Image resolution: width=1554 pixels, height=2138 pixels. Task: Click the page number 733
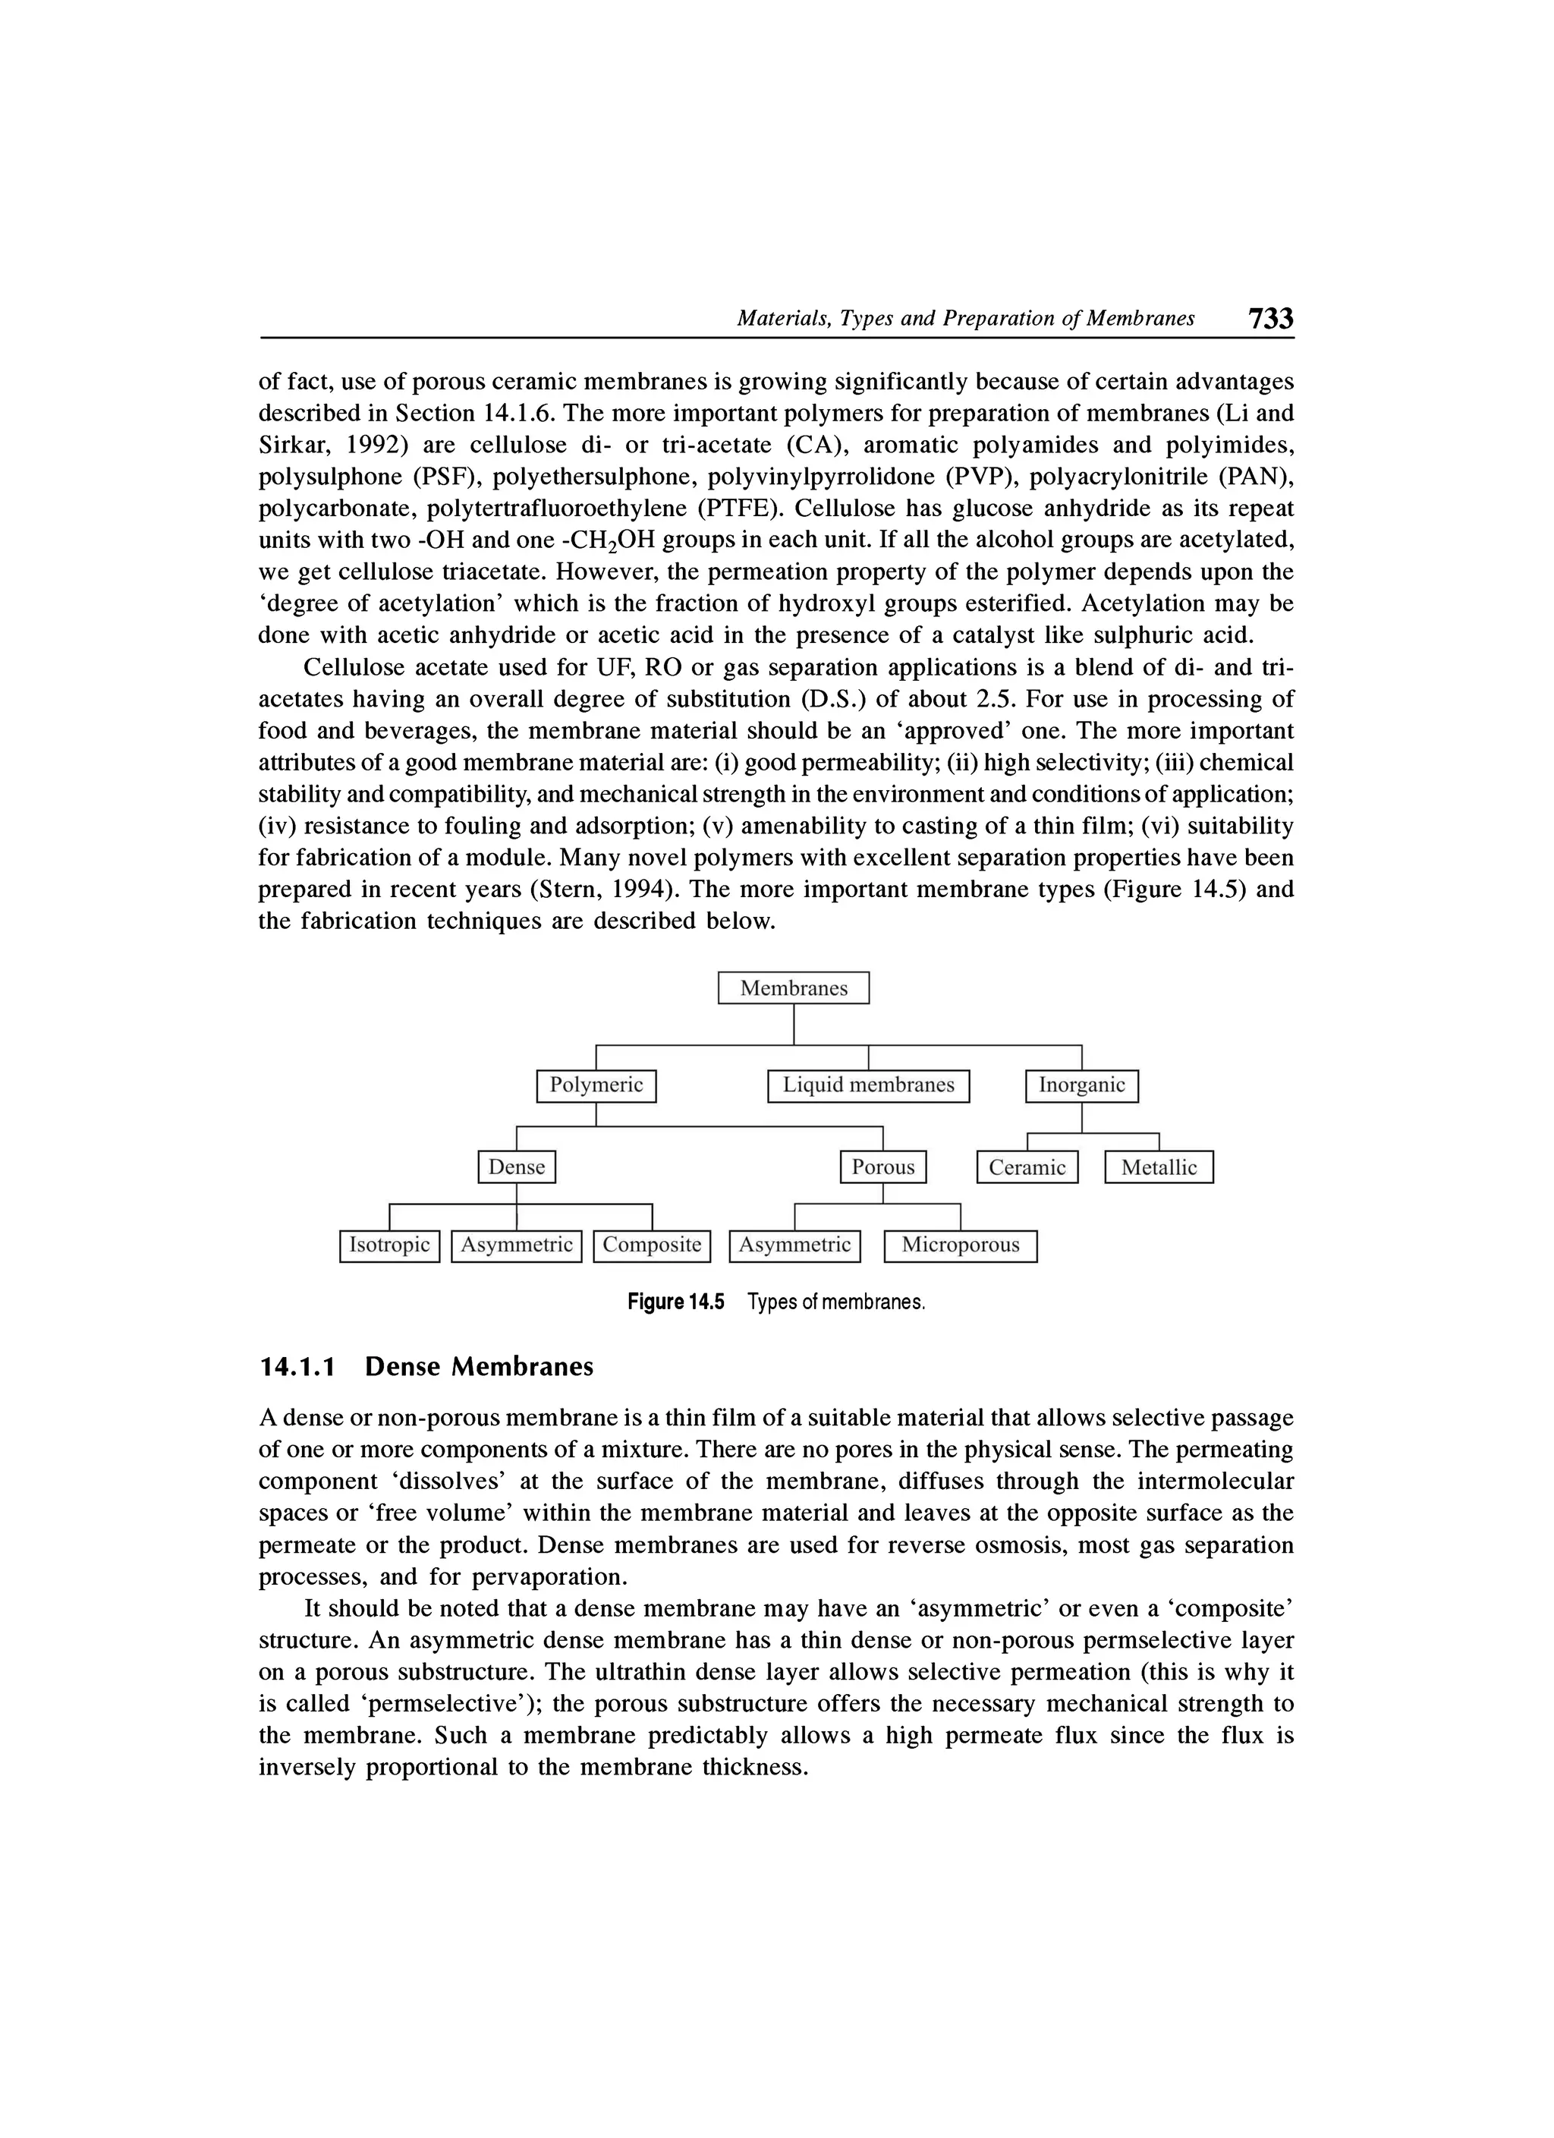[x=1270, y=319]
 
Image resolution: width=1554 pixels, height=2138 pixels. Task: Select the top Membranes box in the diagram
[x=794, y=988]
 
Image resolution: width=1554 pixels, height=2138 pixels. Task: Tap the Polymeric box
[x=596, y=1085]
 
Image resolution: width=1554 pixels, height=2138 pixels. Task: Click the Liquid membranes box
[x=868, y=1085]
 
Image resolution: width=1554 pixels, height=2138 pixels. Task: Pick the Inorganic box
[x=1081, y=1085]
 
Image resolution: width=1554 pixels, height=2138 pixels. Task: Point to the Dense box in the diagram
[x=517, y=1167]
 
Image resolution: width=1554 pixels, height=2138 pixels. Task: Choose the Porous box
[x=883, y=1167]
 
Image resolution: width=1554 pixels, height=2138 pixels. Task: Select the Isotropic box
[x=389, y=1245]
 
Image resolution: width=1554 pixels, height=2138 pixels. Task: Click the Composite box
[x=651, y=1245]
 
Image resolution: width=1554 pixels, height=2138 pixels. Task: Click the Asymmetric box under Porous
[x=794, y=1245]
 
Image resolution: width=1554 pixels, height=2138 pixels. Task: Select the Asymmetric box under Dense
[x=517, y=1245]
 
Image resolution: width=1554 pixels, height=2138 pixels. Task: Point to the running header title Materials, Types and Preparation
[x=965, y=319]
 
